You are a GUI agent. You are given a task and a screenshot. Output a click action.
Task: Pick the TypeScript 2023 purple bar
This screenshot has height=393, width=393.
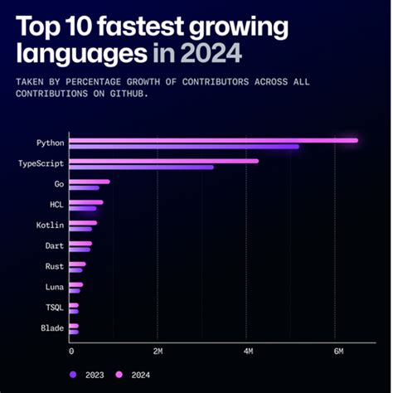pos(142,167)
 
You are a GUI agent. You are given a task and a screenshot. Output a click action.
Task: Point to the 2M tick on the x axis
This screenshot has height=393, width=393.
pos(158,352)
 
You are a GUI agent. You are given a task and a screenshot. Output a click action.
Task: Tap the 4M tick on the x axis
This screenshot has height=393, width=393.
pos(246,352)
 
